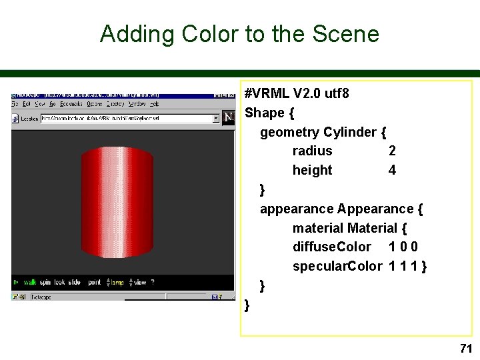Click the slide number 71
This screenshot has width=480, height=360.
[465, 348]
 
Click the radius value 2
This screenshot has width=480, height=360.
[392, 151]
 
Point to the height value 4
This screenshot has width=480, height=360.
[392, 170]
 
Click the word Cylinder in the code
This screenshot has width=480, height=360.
[351, 132]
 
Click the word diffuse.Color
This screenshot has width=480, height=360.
[331, 247]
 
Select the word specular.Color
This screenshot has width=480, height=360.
[337, 267]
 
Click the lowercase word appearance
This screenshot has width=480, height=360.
[297, 209]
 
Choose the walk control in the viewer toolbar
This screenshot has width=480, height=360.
[30, 283]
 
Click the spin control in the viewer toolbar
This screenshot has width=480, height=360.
[45, 283]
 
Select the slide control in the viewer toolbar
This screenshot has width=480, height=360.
[74, 283]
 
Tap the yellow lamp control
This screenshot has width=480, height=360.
[117, 283]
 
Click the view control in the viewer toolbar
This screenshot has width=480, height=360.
[139, 283]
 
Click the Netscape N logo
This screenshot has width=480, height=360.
[228, 118]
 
